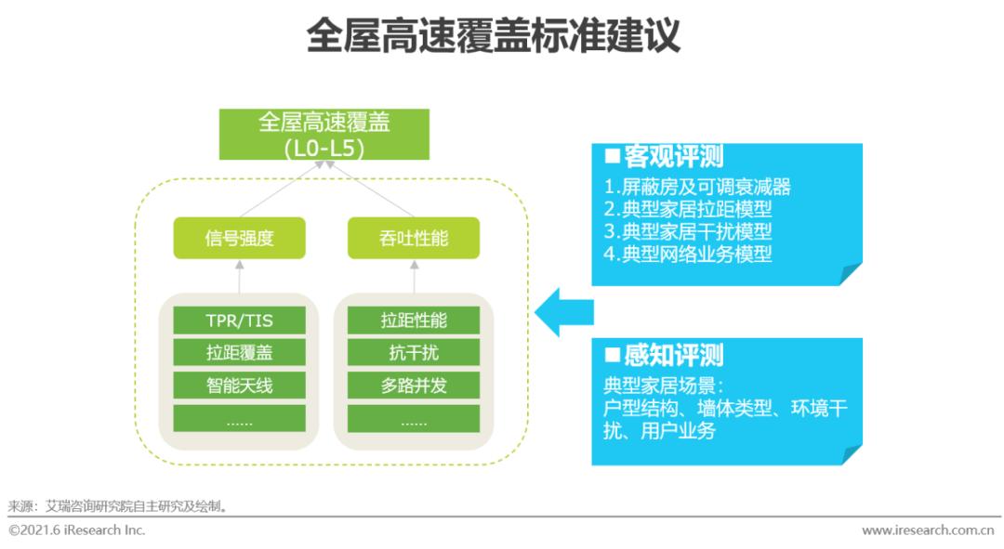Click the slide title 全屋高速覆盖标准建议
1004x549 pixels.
click(493, 36)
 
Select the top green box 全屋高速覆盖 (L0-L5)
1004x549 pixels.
click(324, 135)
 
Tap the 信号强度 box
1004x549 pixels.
click(239, 238)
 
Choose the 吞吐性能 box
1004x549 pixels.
click(413, 238)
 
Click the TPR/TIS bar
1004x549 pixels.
click(239, 320)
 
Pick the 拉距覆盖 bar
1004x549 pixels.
click(239, 353)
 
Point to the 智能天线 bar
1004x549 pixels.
click(239, 386)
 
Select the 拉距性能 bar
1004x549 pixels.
click(413, 320)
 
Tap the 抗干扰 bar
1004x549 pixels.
click(413, 353)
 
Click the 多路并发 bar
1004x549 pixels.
click(413, 386)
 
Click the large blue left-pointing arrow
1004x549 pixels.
click(563, 311)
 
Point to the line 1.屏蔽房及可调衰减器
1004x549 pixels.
click(696, 187)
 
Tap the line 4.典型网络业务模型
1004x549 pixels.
click(687, 254)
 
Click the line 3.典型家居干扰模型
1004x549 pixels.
click(687, 231)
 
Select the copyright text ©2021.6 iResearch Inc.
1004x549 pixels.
click(77, 530)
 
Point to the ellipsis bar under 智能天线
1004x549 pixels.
click(239, 419)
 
